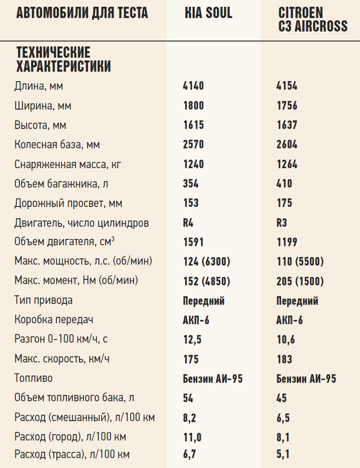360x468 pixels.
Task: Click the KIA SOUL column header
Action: (x=208, y=13)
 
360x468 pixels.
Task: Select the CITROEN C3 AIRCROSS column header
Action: (x=313, y=19)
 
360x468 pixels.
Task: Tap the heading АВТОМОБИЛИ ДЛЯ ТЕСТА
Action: (x=82, y=13)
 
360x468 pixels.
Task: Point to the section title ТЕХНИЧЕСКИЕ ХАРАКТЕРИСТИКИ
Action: (x=64, y=59)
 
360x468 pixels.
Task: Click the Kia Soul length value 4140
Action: (x=194, y=86)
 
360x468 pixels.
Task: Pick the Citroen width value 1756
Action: (x=287, y=105)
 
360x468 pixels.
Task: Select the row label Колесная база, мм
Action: (x=57, y=145)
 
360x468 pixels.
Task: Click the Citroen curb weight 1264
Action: (x=287, y=164)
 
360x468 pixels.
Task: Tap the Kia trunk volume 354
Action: (x=191, y=184)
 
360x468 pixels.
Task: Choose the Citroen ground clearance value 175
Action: (x=284, y=203)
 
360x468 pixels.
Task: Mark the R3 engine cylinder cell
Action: (x=282, y=223)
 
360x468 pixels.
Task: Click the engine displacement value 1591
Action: (x=194, y=242)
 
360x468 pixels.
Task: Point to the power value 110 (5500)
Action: (x=300, y=262)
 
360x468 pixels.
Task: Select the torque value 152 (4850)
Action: (x=207, y=281)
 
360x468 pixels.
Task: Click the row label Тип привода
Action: (x=43, y=300)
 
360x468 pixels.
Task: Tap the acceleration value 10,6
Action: (x=286, y=340)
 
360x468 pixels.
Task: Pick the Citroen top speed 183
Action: (x=284, y=359)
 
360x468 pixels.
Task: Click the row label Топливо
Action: (x=33, y=378)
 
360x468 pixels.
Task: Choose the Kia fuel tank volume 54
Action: (x=189, y=398)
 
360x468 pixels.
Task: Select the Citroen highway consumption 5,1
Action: (x=283, y=454)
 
